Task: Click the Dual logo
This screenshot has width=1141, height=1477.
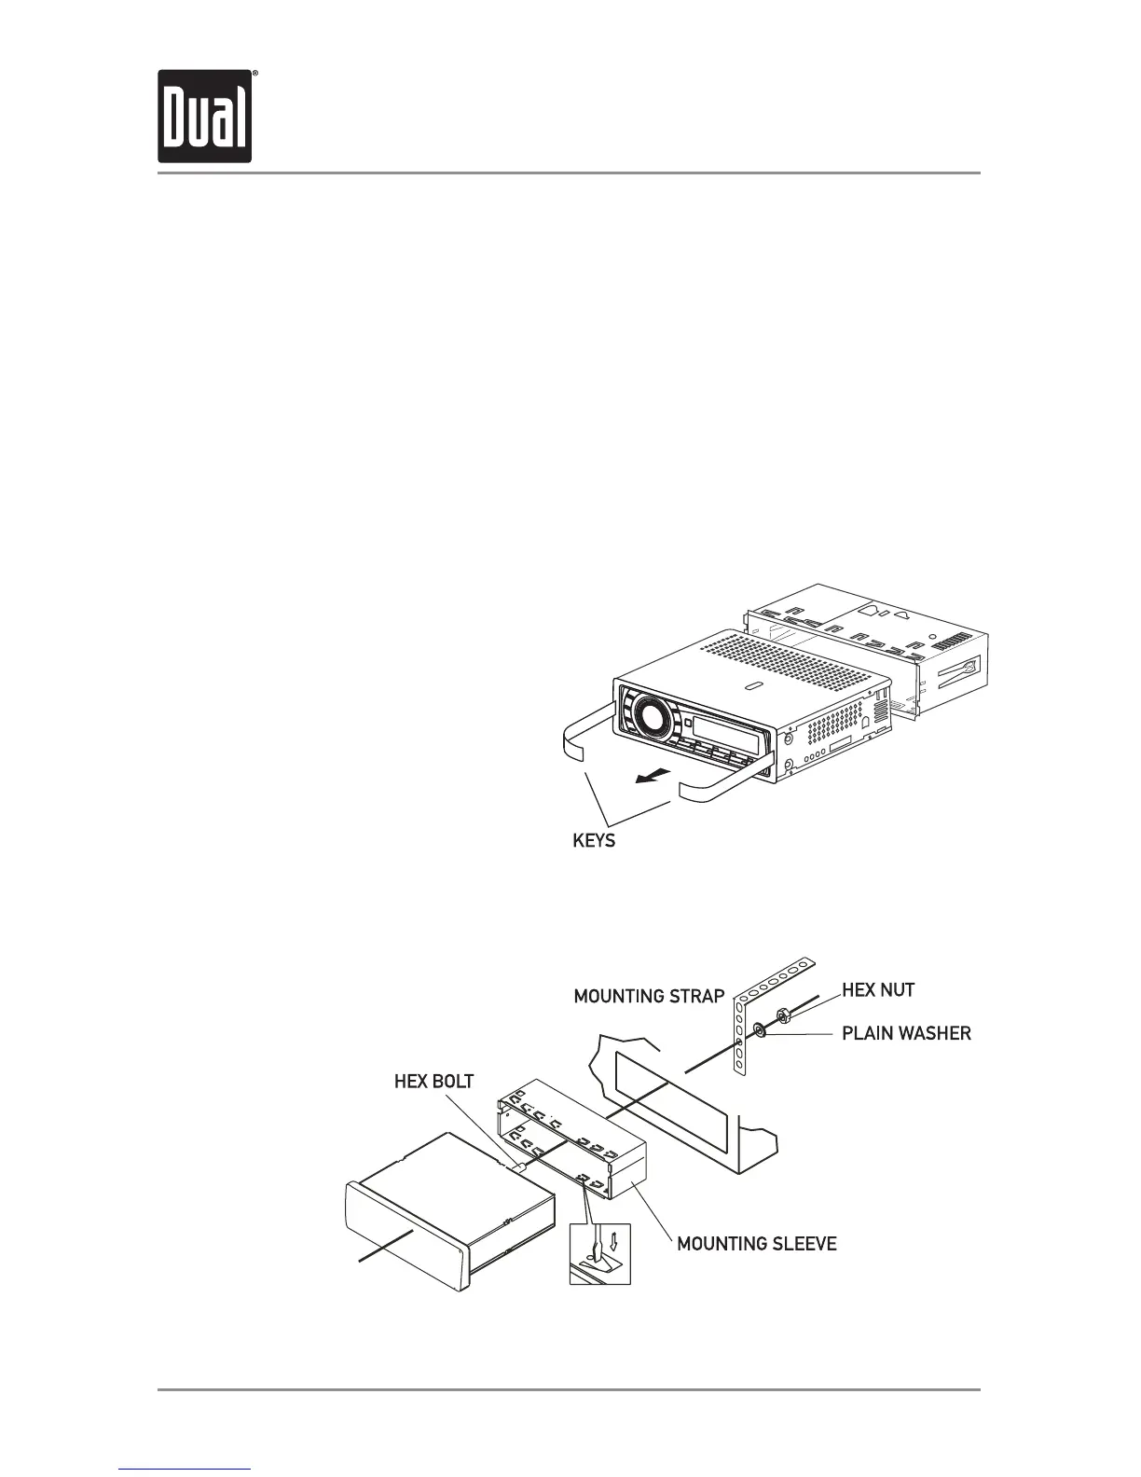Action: pos(204,117)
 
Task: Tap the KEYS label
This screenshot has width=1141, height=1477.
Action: pos(593,841)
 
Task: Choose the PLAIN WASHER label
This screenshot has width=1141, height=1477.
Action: pos(906,1033)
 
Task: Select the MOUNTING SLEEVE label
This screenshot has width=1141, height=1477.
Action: pos(756,1244)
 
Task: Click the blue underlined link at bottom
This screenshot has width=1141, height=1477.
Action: pos(186,1470)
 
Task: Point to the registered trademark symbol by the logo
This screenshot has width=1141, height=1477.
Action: pos(255,74)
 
